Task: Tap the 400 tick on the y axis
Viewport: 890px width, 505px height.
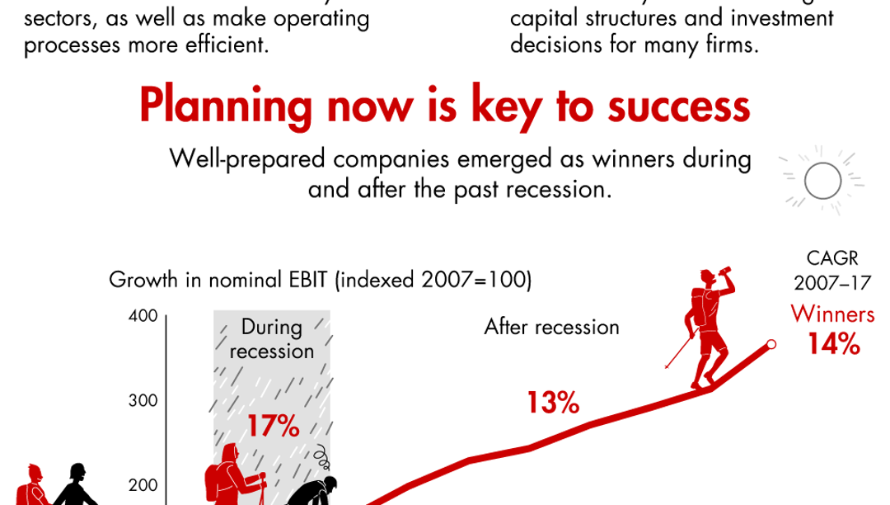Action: click(146, 316)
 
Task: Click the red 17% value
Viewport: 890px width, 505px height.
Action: click(273, 426)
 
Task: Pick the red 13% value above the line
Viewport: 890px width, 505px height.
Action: click(553, 402)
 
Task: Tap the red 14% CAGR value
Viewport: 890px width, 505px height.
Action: click(834, 343)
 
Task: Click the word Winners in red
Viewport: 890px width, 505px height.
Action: click(832, 314)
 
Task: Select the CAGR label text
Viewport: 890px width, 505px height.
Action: click(832, 257)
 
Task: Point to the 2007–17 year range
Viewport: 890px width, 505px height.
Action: click(832, 283)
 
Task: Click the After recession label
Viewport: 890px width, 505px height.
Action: click(551, 327)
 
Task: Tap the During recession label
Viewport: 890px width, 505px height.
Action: click(272, 338)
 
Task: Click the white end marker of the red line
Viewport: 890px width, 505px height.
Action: click(771, 344)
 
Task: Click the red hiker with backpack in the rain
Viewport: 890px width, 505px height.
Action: click(232, 474)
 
